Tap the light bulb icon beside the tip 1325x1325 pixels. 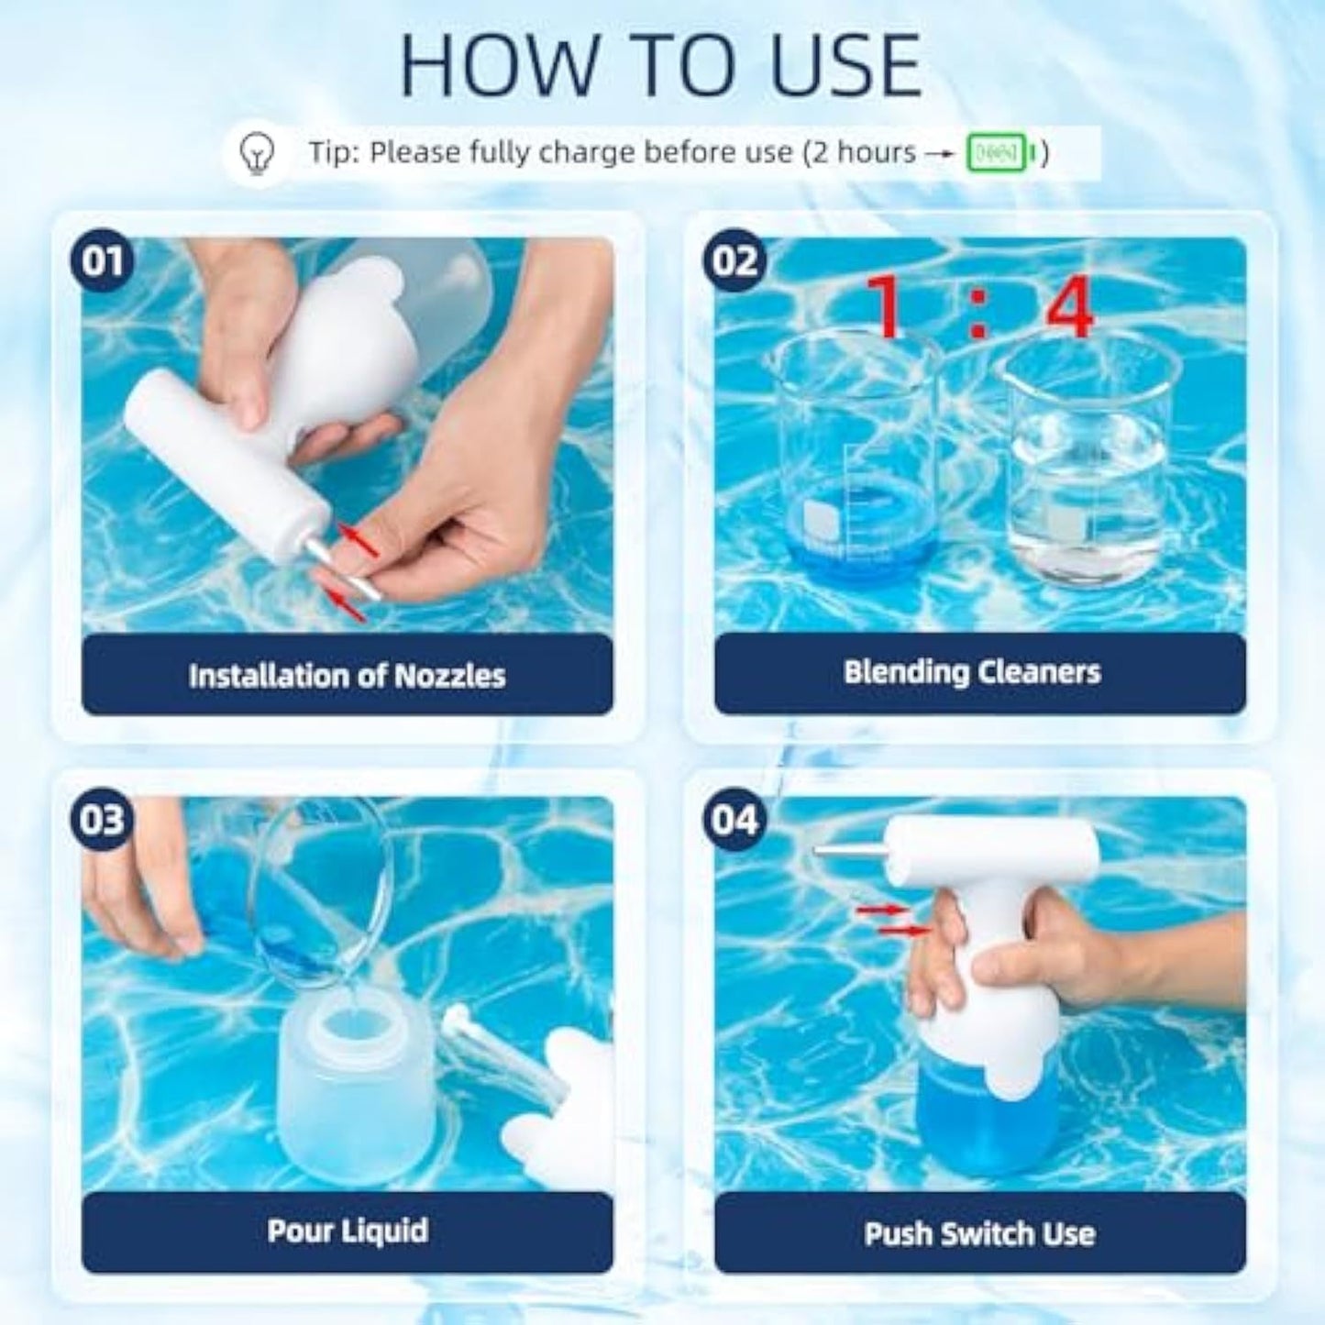click(x=257, y=152)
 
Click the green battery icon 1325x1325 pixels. click(x=1003, y=153)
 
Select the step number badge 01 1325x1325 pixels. click(x=102, y=260)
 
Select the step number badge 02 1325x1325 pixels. click(x=734, y=260)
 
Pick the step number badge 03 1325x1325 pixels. click(x=102, y=819)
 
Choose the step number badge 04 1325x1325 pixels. click(x=734, y=819)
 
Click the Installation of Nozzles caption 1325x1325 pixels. click(x=347, y=676)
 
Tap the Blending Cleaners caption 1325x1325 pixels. click(x=971, y=672)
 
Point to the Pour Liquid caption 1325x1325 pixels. click(x=347, y=1230)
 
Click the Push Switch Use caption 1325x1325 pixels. click(x=979, y=1233)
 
